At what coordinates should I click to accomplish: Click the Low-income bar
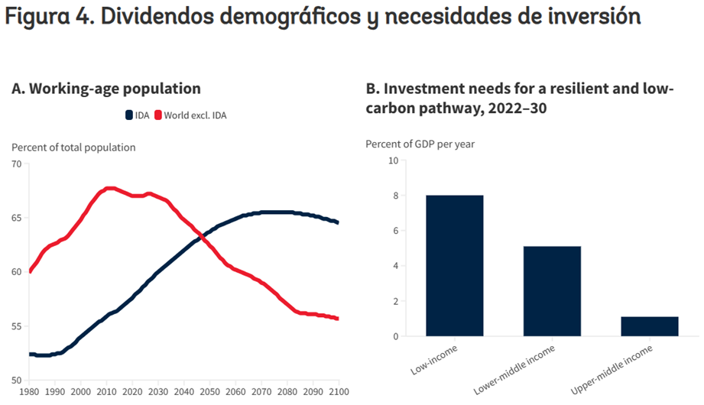454,266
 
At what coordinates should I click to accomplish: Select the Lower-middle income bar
552,291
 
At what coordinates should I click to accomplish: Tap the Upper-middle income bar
649,326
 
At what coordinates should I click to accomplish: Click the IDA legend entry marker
129,115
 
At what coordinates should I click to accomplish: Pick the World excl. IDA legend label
196,115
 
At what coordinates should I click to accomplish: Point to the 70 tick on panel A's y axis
17,164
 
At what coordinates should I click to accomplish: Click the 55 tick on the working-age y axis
17,326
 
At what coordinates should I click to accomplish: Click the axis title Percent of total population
73,147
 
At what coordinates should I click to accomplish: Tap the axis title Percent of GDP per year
414,144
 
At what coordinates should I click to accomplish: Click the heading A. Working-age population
106,89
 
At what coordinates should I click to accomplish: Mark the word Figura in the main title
38,17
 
